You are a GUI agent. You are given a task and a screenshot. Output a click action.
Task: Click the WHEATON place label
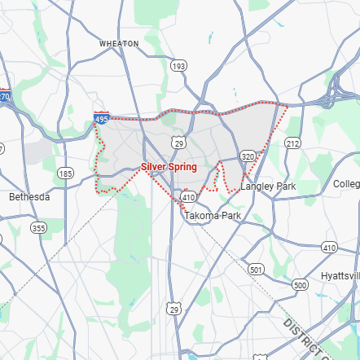(120, 42)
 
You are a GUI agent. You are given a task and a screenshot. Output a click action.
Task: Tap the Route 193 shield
(178, 65)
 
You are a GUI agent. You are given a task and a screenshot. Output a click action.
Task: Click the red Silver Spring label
(169, 166)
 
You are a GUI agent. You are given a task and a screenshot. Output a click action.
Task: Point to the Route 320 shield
(248, 155)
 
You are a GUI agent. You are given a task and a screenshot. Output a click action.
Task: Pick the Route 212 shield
(292, 143)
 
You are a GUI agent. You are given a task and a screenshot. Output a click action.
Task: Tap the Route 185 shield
(65, 173)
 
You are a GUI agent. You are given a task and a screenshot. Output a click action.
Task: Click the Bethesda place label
(29, 197)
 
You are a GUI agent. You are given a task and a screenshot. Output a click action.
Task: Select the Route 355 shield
(38, 229)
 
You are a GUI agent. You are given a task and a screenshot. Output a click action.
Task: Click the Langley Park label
(268, 187)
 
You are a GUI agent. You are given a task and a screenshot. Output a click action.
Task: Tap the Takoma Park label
(213, 216)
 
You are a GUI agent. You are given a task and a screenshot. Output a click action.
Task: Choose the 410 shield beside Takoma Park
(189, 197)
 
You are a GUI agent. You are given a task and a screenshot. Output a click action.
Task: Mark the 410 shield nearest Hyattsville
(329, 247)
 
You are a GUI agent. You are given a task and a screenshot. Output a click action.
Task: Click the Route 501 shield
(257, 269)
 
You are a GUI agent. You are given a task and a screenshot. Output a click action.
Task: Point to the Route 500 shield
(300, 285)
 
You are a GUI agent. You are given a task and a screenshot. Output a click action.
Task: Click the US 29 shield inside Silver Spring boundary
(177, 143)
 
